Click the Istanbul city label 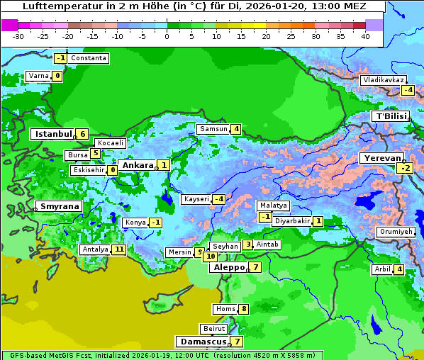(x=53, y=134)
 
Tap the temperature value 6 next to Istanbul (x=82, y=134)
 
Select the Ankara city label (x=137, y=165)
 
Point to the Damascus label (x=201, y=342)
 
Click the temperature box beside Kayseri (x=219, y=199)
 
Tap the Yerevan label (x=381, y=158)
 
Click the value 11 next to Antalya (x=118, y=249)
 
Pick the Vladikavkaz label (x=383, y=80)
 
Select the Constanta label (x=89, y=58)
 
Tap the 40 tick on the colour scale (x=365, y=35)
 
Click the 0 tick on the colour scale (x=167, y=35)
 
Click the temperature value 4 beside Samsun (x=235, y=129)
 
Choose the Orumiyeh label (x=395, y=232)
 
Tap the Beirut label (x=213, y=329)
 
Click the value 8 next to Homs (x=243, y=309)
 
